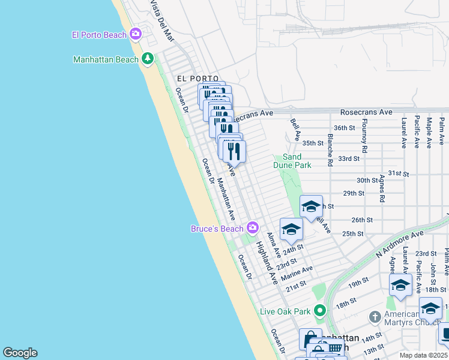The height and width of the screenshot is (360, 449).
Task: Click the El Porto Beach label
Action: (x=99, y=35)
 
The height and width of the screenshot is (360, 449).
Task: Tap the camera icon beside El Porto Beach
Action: (x=136, y=34)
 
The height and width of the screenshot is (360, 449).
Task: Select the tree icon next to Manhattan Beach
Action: (x=148, y=59)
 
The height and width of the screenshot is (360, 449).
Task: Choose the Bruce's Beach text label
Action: (x=217, y=229)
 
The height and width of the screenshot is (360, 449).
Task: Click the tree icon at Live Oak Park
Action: (x=319, y=311)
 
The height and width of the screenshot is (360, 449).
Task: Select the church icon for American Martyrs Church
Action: (x=375, y=316)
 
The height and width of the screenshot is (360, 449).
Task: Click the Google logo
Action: (x=20, y=353)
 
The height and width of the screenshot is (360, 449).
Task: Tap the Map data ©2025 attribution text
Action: (x=423, y=355)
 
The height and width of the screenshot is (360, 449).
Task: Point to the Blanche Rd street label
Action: (x=330, y=150)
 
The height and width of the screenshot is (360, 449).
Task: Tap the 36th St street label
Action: (x=345, y=128)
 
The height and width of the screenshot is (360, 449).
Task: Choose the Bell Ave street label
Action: (x=295, y=129)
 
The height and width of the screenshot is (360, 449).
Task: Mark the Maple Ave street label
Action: (x=429, y=133)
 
